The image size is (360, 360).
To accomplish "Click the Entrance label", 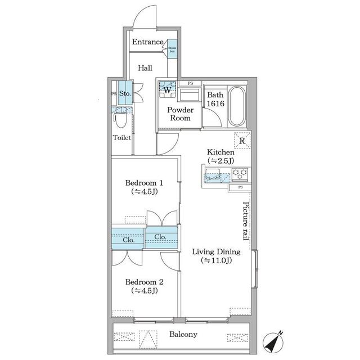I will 148,42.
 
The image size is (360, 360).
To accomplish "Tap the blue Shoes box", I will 172,49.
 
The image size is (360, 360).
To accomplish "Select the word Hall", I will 145,68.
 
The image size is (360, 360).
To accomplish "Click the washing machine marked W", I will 167,88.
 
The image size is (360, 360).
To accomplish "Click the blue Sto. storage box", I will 124,93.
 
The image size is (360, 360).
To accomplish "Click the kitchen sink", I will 213,175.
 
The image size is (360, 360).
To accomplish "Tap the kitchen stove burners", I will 241,175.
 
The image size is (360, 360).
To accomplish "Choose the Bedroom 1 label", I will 144,187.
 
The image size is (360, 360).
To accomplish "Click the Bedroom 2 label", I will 144,286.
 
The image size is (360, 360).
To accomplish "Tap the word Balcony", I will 183,335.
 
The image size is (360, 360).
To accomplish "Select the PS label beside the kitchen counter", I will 240,187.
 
